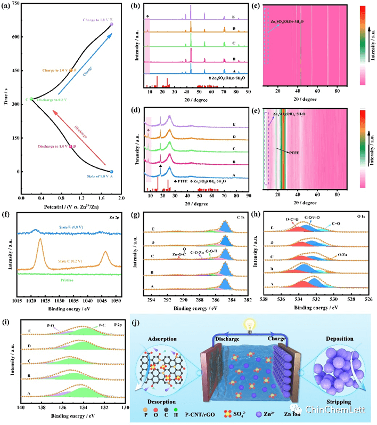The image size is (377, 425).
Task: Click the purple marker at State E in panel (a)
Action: coord(111,25)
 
